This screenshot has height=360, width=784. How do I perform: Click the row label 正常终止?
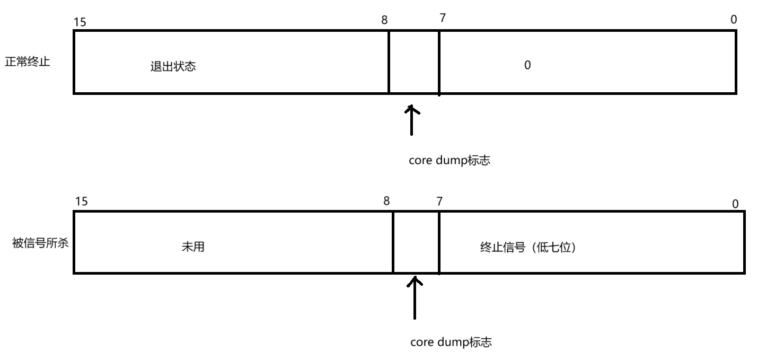[x=28, y=62]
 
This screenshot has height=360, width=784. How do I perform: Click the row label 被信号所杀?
[x=40, y=243]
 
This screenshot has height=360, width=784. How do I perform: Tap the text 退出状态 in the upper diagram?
[x=173, y=67]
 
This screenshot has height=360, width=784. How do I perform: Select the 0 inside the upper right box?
[x=527, y=65]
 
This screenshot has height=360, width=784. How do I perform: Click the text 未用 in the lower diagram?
[x=192, y=247]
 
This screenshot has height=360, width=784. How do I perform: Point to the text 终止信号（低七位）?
[x=527, y=247]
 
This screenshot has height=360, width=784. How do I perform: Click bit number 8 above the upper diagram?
[x=384, y=20]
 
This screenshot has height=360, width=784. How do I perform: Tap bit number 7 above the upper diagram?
[x=443, y=18]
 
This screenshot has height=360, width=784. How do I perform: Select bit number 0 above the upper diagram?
[x=734, y=20]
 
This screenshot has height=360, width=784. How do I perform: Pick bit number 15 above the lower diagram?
[x=81, y=201]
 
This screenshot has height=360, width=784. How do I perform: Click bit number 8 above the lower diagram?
[x=386, y=201]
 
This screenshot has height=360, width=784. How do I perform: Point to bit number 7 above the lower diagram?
[x=439, y=201]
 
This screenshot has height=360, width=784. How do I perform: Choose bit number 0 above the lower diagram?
[x=735, y=204]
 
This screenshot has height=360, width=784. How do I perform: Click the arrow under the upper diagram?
[x=411, y=120]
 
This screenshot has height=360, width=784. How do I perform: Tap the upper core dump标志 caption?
[x=450, y=161]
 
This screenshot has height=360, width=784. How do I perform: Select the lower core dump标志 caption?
[x=451, y=342]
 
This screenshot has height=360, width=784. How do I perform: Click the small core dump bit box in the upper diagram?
[x=414, y=62]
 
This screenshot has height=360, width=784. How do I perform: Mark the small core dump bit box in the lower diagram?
[x=416, y=242]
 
